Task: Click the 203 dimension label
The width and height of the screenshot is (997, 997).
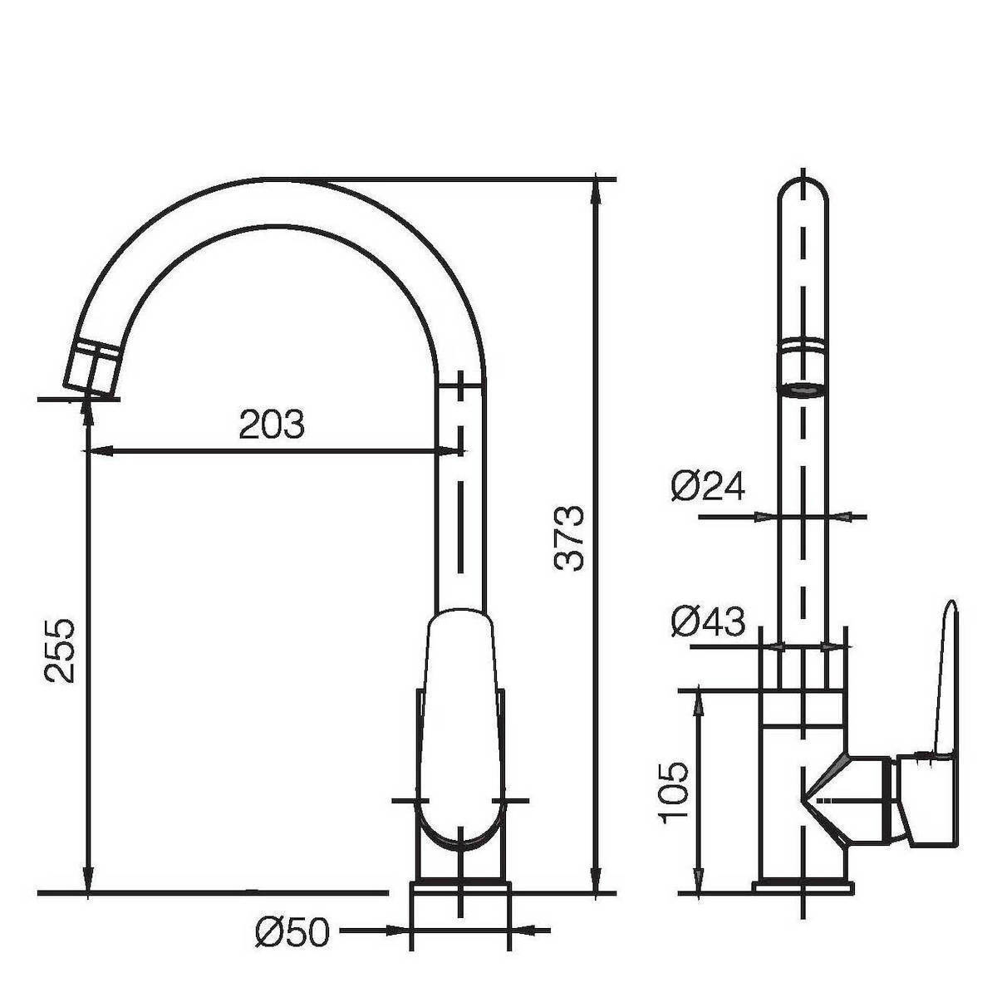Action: click(272, 424)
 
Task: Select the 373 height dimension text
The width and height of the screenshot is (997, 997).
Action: click(568, 538)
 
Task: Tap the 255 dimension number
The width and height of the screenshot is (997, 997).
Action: click(60, 651)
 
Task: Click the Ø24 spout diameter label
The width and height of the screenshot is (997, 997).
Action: click(709, 486)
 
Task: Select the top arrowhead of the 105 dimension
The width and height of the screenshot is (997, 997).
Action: click(699, 704)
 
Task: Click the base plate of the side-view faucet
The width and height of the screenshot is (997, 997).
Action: click(803, 886)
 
